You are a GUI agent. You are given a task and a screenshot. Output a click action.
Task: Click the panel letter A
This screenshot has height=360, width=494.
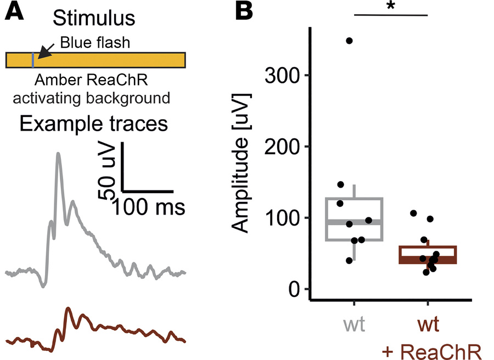click(14, 13)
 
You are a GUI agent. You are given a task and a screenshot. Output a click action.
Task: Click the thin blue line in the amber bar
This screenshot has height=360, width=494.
click(33, 60)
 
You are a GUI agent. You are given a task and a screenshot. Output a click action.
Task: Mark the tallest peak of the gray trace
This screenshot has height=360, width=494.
click(58, 154)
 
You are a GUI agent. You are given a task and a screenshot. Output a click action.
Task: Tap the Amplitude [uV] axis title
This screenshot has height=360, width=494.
click(243, 165)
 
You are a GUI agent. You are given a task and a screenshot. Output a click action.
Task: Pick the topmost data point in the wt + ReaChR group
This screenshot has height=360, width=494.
click(413, 213)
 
